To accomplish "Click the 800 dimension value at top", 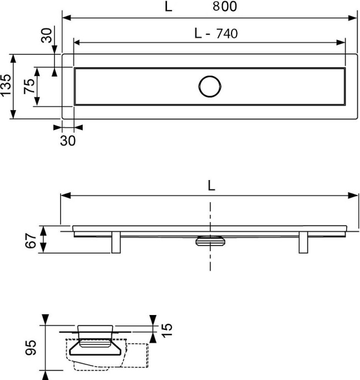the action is (224, 6).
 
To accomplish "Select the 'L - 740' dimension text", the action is (216, 34).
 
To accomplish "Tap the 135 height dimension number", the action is (6, 85).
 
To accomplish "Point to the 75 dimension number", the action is (29, 86).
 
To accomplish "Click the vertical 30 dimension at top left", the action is (46, 35).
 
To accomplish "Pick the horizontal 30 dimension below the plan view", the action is (68, 140).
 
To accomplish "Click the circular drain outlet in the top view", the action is (209, 86).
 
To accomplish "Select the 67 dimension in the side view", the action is (31, 241).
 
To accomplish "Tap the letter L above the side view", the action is (211, 186).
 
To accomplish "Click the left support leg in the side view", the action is (116, 242).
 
